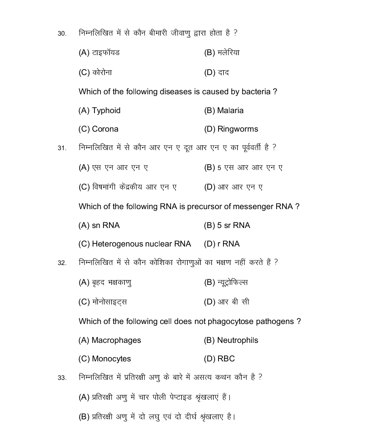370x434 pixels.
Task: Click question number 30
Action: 62,34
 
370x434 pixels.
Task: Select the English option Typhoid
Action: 106,111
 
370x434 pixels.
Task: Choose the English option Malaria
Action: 230,111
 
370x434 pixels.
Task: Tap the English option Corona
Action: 105,129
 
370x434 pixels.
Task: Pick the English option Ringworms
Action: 237,129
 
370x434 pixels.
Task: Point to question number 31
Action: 62,148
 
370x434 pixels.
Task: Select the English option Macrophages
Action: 116,340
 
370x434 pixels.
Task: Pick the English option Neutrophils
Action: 237,340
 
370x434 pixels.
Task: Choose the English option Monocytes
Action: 111,359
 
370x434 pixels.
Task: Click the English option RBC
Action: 226,359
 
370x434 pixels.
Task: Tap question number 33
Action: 62,378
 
